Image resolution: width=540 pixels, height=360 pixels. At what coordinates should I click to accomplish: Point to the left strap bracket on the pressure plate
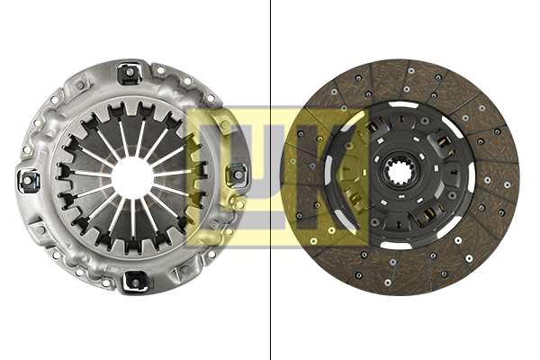click(x=30, y=180)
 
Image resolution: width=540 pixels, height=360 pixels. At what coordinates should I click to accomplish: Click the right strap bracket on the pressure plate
click(x=238, y=172)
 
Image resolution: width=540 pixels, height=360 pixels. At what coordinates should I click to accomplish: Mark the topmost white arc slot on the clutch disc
click(x=402, y=105)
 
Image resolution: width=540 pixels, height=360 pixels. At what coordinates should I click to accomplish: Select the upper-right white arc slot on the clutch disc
click(x=450, y=125)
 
